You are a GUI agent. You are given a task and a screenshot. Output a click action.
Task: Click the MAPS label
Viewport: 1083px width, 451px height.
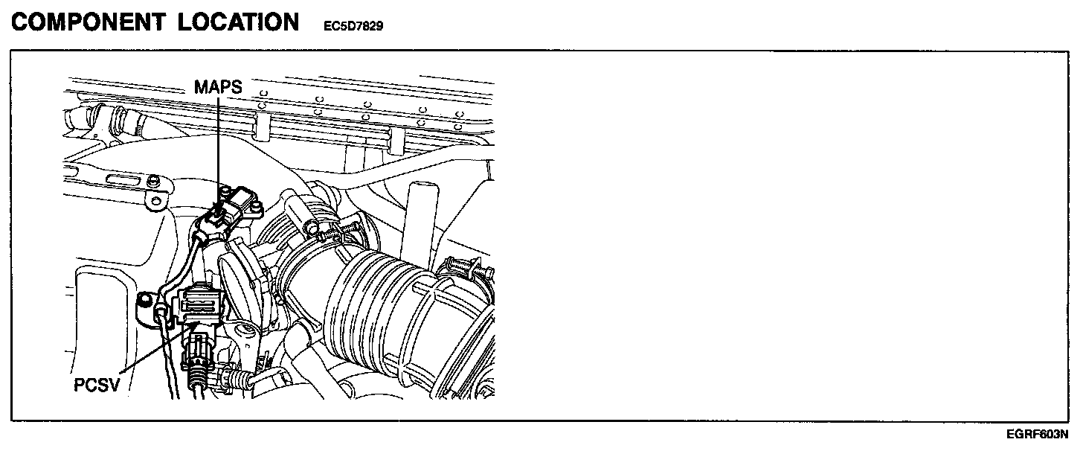point(218,86)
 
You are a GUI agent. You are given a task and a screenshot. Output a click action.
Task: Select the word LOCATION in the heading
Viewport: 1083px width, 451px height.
point(238,22)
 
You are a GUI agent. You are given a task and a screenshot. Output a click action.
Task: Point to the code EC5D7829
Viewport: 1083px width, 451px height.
point(353,26)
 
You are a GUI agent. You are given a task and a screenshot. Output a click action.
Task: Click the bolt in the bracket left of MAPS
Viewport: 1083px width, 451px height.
point(154,181)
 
